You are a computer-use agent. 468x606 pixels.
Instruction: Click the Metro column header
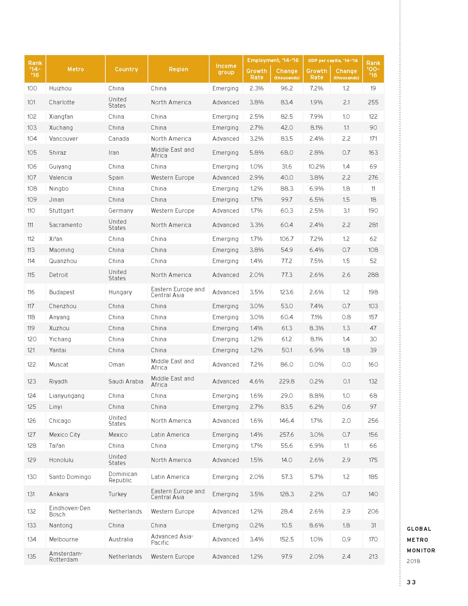tap(76, 69)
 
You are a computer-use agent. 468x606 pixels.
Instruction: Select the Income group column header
tap(226, 69)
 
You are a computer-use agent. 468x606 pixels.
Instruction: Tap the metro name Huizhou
tap(60, 88)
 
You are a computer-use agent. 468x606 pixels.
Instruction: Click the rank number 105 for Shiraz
tap(32, 152)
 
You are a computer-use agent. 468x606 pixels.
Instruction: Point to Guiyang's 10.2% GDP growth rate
tap(316, 166)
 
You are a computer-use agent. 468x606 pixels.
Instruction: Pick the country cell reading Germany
tap(121, 210)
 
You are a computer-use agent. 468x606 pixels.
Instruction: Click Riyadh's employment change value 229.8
tap(287, 381)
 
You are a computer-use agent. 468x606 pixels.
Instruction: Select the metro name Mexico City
tap(65, 434)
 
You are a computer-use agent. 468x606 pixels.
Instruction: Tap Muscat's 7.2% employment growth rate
tap(257, 364)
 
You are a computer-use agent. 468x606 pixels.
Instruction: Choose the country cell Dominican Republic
tap(123, 477)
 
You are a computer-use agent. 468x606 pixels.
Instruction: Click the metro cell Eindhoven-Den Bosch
tap(70, 511)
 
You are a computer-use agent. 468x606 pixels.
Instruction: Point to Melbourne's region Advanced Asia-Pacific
tap(172, 539)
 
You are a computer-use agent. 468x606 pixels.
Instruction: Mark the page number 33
tap(411, 582)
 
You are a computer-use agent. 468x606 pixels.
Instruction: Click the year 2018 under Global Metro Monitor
tap(413, 561)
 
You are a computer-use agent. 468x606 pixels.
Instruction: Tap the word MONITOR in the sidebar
tap(421, 551)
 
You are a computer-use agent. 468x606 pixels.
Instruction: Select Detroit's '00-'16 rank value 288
tap(373, 275)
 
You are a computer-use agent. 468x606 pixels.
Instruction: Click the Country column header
tap(126, 69)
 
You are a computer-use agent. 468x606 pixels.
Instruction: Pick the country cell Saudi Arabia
tap(126, 381)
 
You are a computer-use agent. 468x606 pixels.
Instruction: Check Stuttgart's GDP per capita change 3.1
tap(346, 210)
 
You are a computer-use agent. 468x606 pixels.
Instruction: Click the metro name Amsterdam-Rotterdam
tap(66, 556)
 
